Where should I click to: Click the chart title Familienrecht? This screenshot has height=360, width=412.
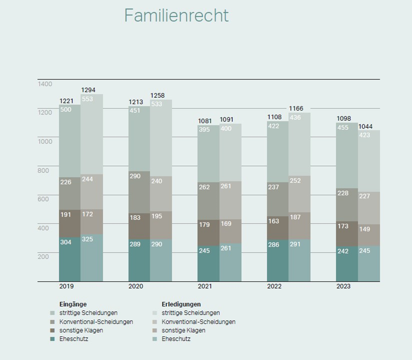pos(176,15)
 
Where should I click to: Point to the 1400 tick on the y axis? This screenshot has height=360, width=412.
pos(45,84)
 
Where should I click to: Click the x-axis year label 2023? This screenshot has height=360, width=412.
pos(343,287)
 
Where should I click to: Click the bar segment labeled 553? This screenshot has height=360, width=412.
pos(92,134)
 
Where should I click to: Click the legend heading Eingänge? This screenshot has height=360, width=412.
pos(73,304)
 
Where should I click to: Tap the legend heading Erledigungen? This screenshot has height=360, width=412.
pos(181,304)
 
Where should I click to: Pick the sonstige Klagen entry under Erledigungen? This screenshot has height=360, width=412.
pos(183,330)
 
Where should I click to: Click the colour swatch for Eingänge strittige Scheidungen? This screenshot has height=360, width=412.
pos(52,313)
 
